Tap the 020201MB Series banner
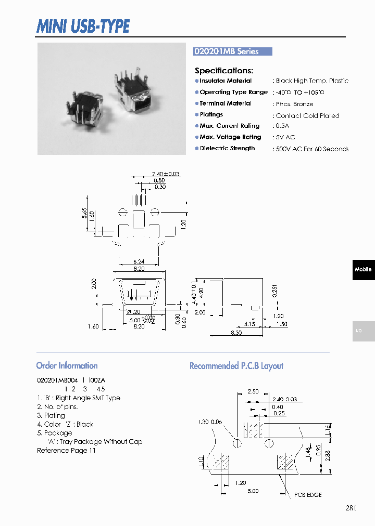(x=232, y=51)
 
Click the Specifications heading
(x=224, y=71)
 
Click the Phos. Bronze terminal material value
(x=294, y=104)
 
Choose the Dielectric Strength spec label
(x=227, y=149)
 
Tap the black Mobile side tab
(x=363, y=269)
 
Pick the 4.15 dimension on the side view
(x=249, y=324)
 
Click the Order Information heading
(x=67, y=365)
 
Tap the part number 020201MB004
(x=57, y=380)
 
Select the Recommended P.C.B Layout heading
(x=236, y=366)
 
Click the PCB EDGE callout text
(x=308, y=495)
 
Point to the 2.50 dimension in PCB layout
(x=253, y=391)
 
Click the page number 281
(x=351, y=508)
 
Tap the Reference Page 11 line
(x=66, y=451)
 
